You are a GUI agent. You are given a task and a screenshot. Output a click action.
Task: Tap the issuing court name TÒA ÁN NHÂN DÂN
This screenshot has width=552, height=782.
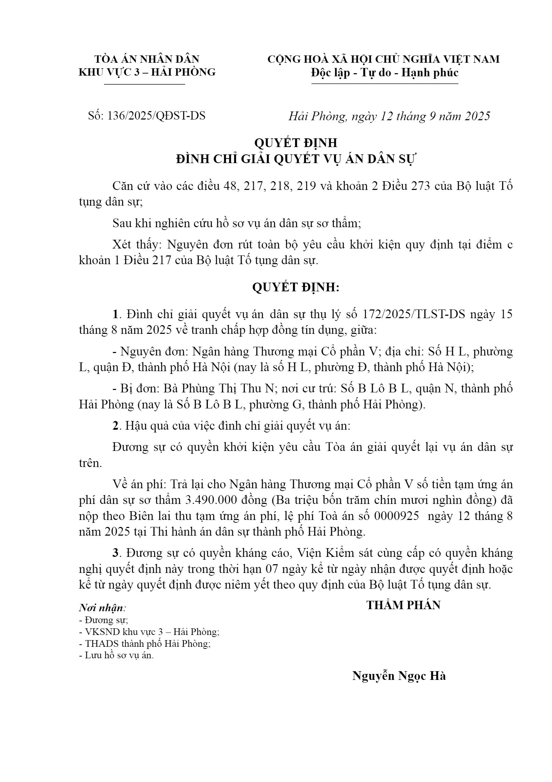(147, 59)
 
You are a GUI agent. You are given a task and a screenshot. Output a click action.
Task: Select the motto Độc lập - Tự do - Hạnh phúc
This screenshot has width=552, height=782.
(385, 73)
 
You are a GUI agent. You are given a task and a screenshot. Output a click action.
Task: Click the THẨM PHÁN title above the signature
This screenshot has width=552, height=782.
(403, 605)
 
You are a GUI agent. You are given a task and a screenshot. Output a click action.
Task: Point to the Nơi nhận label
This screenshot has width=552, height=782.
(102, 608)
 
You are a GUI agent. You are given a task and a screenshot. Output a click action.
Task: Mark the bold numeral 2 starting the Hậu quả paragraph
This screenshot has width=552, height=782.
(115, 426)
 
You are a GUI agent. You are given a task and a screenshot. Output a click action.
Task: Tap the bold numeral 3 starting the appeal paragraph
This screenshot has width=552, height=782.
(115, 553)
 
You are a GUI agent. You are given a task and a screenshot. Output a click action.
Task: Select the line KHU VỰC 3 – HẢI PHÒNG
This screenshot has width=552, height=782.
(147, 72)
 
